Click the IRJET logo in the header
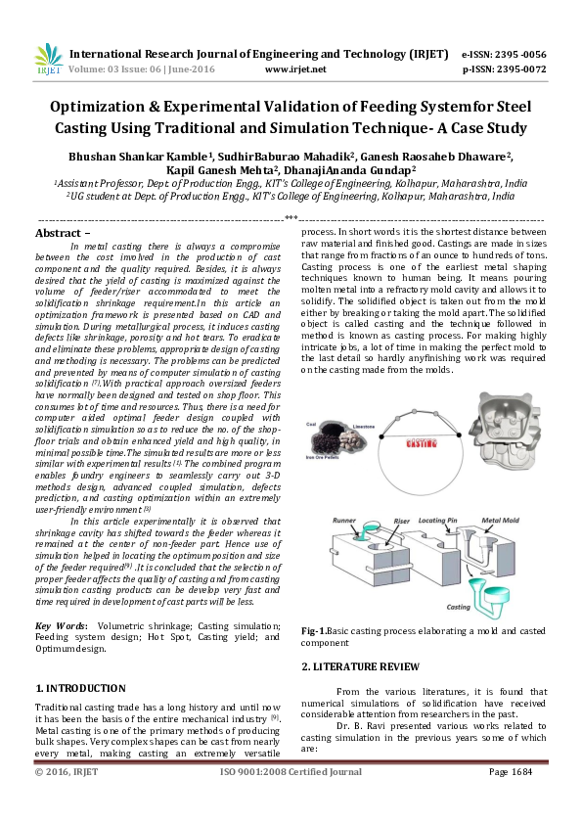click(x=48, y=61)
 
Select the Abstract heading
click(x=59, y=233)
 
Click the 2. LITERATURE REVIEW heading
click(x=361, y=666)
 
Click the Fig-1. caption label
click(x=313, y=632)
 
